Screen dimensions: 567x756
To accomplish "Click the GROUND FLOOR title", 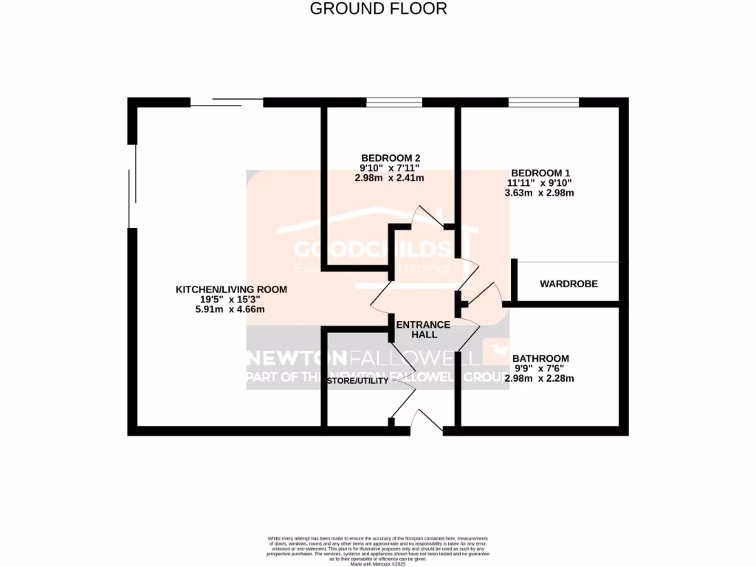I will [378, 9].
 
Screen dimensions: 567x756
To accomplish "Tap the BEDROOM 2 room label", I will [391, 157].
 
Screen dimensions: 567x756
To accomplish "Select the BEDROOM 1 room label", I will [538, 172].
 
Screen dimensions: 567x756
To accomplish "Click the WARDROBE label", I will [568, 284].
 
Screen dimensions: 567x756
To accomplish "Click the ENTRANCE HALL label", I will [423, 329].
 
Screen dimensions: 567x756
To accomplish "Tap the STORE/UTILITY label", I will [358, 381].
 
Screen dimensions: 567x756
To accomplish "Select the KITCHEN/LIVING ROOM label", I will [231, 289].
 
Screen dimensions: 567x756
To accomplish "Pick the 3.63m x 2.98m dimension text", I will [539, 193].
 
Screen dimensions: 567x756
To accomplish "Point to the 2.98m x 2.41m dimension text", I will [391, 178].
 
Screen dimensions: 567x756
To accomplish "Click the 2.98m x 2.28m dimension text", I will [539, 379].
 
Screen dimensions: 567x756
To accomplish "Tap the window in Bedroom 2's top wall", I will [394, 102].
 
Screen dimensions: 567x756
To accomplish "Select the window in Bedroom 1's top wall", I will [543, 102].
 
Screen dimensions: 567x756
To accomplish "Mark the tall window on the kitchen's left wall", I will [132, 186].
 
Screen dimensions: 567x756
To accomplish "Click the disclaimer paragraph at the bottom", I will [378, 550].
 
